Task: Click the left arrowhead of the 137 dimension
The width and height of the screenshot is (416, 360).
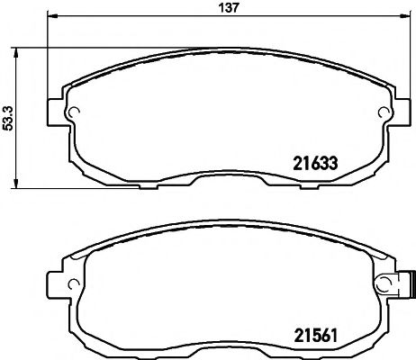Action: point(50,18)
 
